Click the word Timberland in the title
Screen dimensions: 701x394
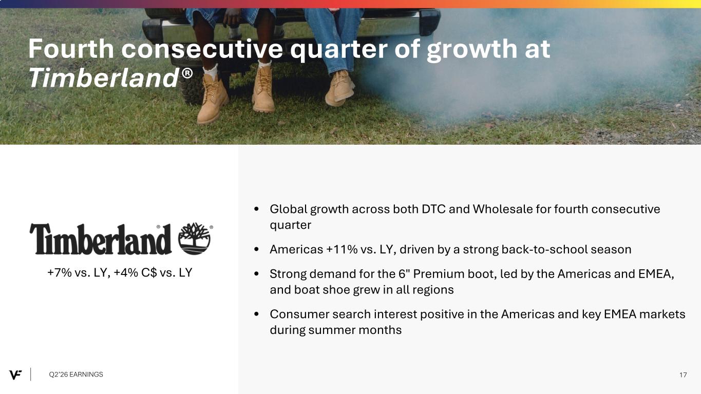point(104,78)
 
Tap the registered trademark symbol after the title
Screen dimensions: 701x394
point(187,73)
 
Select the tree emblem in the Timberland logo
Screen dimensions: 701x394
point(194,239)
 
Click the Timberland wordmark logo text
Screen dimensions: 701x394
point(101,239)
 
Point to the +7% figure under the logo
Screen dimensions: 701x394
point(60,273)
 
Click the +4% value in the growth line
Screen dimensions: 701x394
point(126,273)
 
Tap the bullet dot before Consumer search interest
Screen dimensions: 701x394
point(257,314)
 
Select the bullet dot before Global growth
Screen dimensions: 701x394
point(257,209)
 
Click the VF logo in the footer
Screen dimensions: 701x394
point(15,375)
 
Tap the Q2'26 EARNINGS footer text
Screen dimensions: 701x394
point(75,375)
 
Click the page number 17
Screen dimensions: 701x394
point(683,375)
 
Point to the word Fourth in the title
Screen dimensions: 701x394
point(71,49)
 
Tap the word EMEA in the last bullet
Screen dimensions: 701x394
point(620,314)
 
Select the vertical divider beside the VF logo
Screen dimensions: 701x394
point(31,375)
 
